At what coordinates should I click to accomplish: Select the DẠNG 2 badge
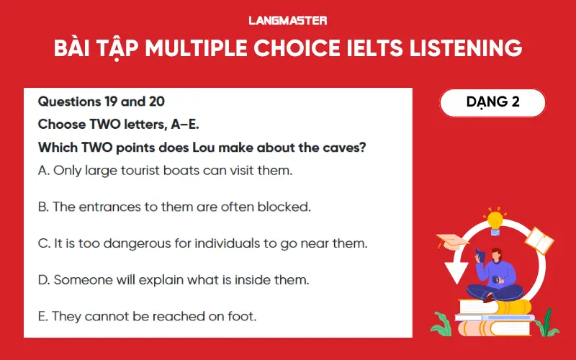[x=492, y=102]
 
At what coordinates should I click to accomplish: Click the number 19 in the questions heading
[x=109, y=102]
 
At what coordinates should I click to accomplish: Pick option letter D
[x=43, y=279]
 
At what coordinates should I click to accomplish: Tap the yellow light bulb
[x=495, y=219]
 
